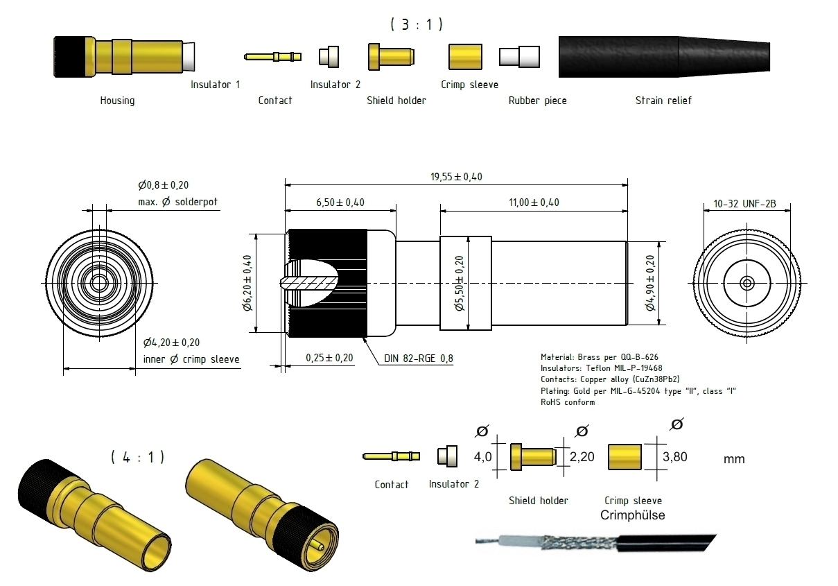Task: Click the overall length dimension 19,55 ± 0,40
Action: [455, 177]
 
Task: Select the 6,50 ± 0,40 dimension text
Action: [340, 202]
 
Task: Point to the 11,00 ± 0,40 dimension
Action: [534, 202]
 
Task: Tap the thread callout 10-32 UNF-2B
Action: [744, 204]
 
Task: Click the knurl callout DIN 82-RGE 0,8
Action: [419, 359]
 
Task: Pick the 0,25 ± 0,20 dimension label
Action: [329, 358]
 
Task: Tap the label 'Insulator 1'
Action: [215, 85]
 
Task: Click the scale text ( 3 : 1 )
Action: [417, 24]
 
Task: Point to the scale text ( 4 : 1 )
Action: [137, 457]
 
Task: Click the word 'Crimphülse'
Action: [631, 515]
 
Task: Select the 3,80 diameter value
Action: [676, 458]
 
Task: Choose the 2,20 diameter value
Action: [582, 458]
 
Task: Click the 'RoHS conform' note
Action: [568, 402]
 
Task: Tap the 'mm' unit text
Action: [733, 459]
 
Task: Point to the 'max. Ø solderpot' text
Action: [177, 202]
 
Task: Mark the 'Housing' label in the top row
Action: [117, 101]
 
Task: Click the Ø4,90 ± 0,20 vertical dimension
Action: [650, 283]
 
